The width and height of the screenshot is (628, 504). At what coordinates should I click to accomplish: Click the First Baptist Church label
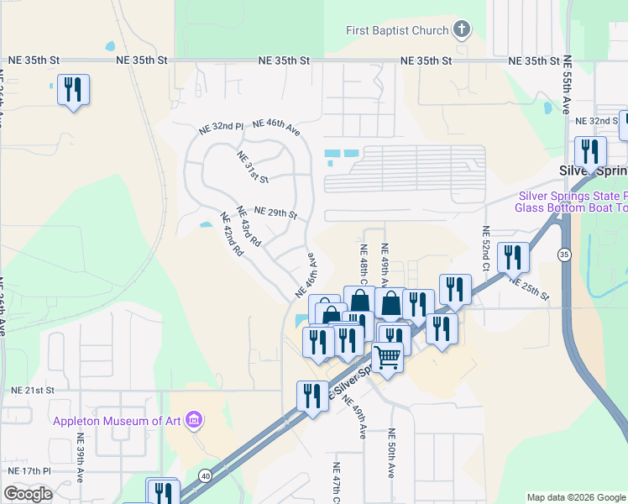[397, 31]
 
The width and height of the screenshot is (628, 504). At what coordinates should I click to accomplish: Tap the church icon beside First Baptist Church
[461, 31]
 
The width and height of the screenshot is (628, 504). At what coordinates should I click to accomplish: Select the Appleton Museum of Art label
[118, 421]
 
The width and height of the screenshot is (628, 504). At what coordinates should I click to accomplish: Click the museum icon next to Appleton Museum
[195, 419]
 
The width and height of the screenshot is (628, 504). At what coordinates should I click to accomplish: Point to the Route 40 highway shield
[205, 475]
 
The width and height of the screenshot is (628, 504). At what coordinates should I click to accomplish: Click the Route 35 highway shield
[563, 254]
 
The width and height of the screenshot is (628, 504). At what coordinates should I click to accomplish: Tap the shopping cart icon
[387, 357]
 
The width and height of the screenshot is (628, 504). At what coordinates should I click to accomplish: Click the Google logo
[28, 494]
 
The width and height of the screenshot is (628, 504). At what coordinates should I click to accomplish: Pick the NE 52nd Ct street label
[486, 243]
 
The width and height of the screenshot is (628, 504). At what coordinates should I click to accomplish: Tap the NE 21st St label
[33, 391]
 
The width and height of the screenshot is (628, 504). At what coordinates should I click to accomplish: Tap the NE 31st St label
[252, 167]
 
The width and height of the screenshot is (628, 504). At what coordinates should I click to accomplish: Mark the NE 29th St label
[275, 213]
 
